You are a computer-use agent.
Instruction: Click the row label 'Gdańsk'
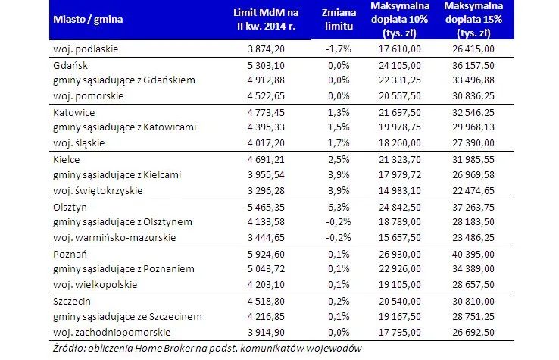coord(68,65)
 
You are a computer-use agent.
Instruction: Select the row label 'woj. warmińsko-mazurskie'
coord(114,236)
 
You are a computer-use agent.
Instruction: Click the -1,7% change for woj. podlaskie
coord(338,49)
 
